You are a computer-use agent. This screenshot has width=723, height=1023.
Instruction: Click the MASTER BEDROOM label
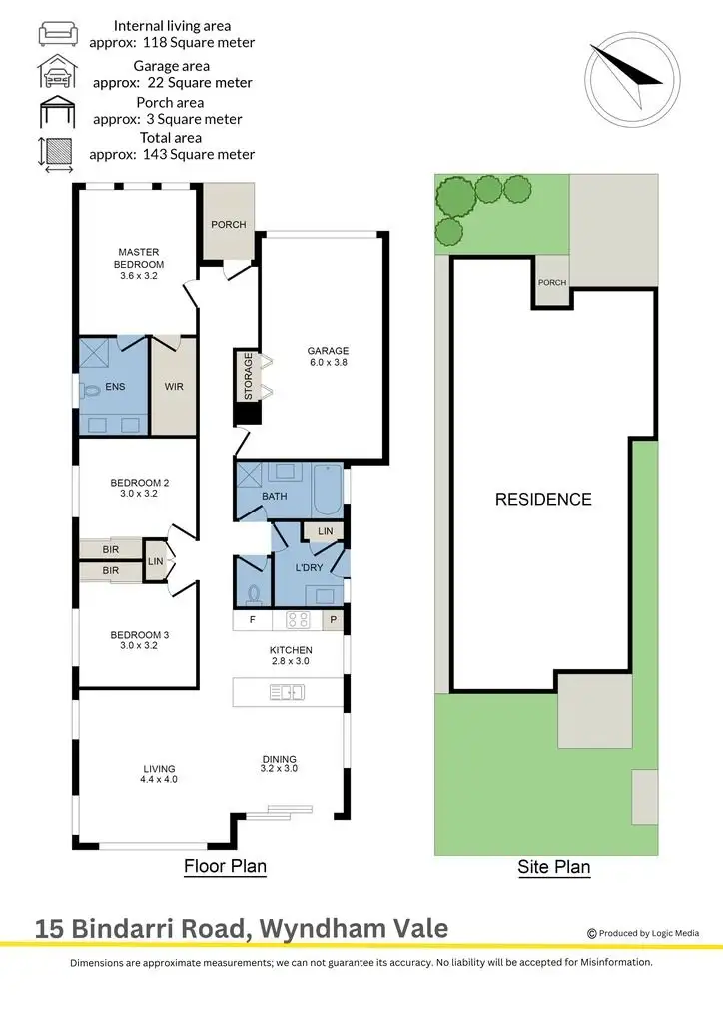(x=139, y=258)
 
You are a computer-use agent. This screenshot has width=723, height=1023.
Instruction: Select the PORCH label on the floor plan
(x=228, y=224)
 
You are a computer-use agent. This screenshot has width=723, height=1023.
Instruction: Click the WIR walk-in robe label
(x=173, y=387)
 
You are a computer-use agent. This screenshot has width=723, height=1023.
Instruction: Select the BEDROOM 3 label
(x=139, y=639)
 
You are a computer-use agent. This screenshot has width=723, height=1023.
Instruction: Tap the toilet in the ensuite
(x=90, y=392)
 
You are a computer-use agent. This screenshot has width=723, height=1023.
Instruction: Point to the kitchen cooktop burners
(x=298, y=620)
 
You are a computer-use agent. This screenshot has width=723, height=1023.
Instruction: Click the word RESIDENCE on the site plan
(x=543, y=500)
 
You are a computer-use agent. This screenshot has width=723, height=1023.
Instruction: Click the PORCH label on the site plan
(x=551, y=283)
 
